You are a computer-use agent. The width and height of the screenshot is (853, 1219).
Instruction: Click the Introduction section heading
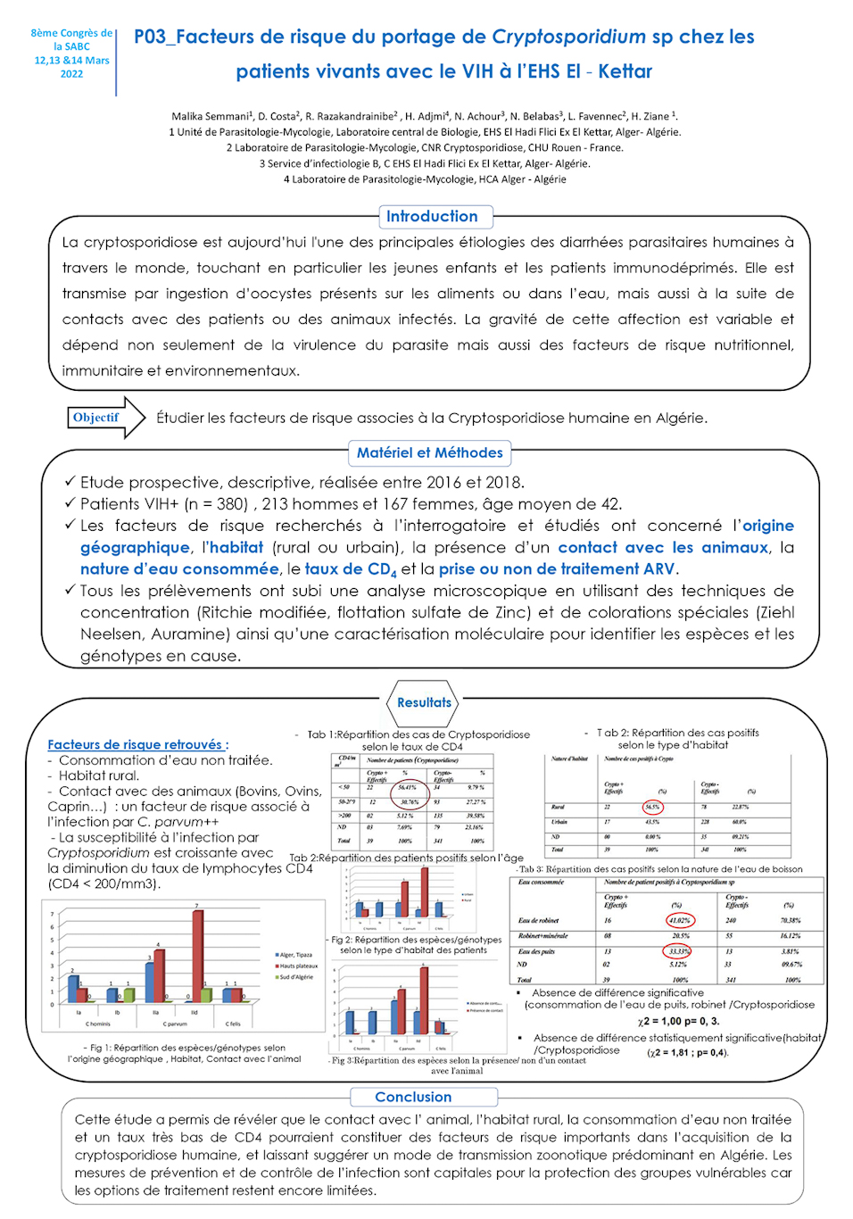(432, 217)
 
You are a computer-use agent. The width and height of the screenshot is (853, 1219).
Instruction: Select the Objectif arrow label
(96, 418)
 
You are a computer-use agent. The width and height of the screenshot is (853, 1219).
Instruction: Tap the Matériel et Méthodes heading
(429, 453)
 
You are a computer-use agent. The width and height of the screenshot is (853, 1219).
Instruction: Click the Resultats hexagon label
(424, 703)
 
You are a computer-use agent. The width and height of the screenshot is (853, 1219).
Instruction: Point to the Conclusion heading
(413, 1097)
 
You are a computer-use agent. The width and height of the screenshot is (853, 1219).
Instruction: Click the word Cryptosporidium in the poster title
(568, 37)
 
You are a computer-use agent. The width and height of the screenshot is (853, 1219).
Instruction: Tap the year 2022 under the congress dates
(71, 74)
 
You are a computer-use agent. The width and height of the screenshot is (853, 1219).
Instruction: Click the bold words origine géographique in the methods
(437, 536)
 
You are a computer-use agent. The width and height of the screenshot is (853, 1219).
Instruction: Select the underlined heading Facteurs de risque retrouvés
(137, 744)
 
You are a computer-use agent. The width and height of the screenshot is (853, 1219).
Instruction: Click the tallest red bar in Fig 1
(197, 956)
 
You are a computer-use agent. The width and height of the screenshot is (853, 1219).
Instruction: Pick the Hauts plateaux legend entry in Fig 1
(297, 966)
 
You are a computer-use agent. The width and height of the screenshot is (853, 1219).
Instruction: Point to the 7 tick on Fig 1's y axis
(53, 914)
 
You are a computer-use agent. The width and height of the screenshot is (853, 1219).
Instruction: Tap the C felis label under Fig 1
(233, 1024)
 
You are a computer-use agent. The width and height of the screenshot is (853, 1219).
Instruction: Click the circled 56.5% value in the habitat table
(652, 807)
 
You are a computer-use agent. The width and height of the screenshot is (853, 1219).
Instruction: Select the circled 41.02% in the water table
(679, 920)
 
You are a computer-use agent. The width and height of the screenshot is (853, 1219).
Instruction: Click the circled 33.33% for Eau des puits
(679, 951)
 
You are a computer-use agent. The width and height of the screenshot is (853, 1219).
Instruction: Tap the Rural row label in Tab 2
(559, 807)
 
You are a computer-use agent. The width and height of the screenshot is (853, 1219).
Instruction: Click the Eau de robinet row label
(539, 920)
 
